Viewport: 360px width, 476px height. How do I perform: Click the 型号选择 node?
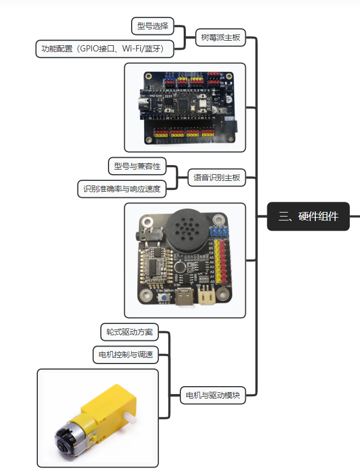click(153, 26)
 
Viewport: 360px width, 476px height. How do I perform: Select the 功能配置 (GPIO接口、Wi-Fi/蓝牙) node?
click(105, 49)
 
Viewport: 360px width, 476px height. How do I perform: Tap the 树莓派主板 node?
click(220, 38)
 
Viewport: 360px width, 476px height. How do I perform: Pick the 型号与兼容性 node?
click(137, 166)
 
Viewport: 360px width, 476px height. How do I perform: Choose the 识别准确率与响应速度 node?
click(122, 189)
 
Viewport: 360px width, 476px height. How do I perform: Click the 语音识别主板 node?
click(216, 178)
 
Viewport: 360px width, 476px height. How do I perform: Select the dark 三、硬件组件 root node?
click(309, 217)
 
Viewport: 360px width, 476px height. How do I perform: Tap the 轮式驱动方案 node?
click(129, 332)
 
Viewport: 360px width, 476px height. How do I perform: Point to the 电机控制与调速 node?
click(125, 354)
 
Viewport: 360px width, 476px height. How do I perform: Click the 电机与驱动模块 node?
click(213, 395)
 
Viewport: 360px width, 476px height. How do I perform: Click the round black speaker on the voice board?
click(187, 232)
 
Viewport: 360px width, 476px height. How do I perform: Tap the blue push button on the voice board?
click(164, 297)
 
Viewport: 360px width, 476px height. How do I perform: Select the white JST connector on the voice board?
click(206, 295)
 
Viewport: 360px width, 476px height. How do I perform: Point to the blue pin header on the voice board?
click(219, 232)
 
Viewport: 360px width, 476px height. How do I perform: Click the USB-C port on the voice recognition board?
click(185, 297)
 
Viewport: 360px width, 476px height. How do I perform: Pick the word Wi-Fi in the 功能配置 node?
click(132, 49)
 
